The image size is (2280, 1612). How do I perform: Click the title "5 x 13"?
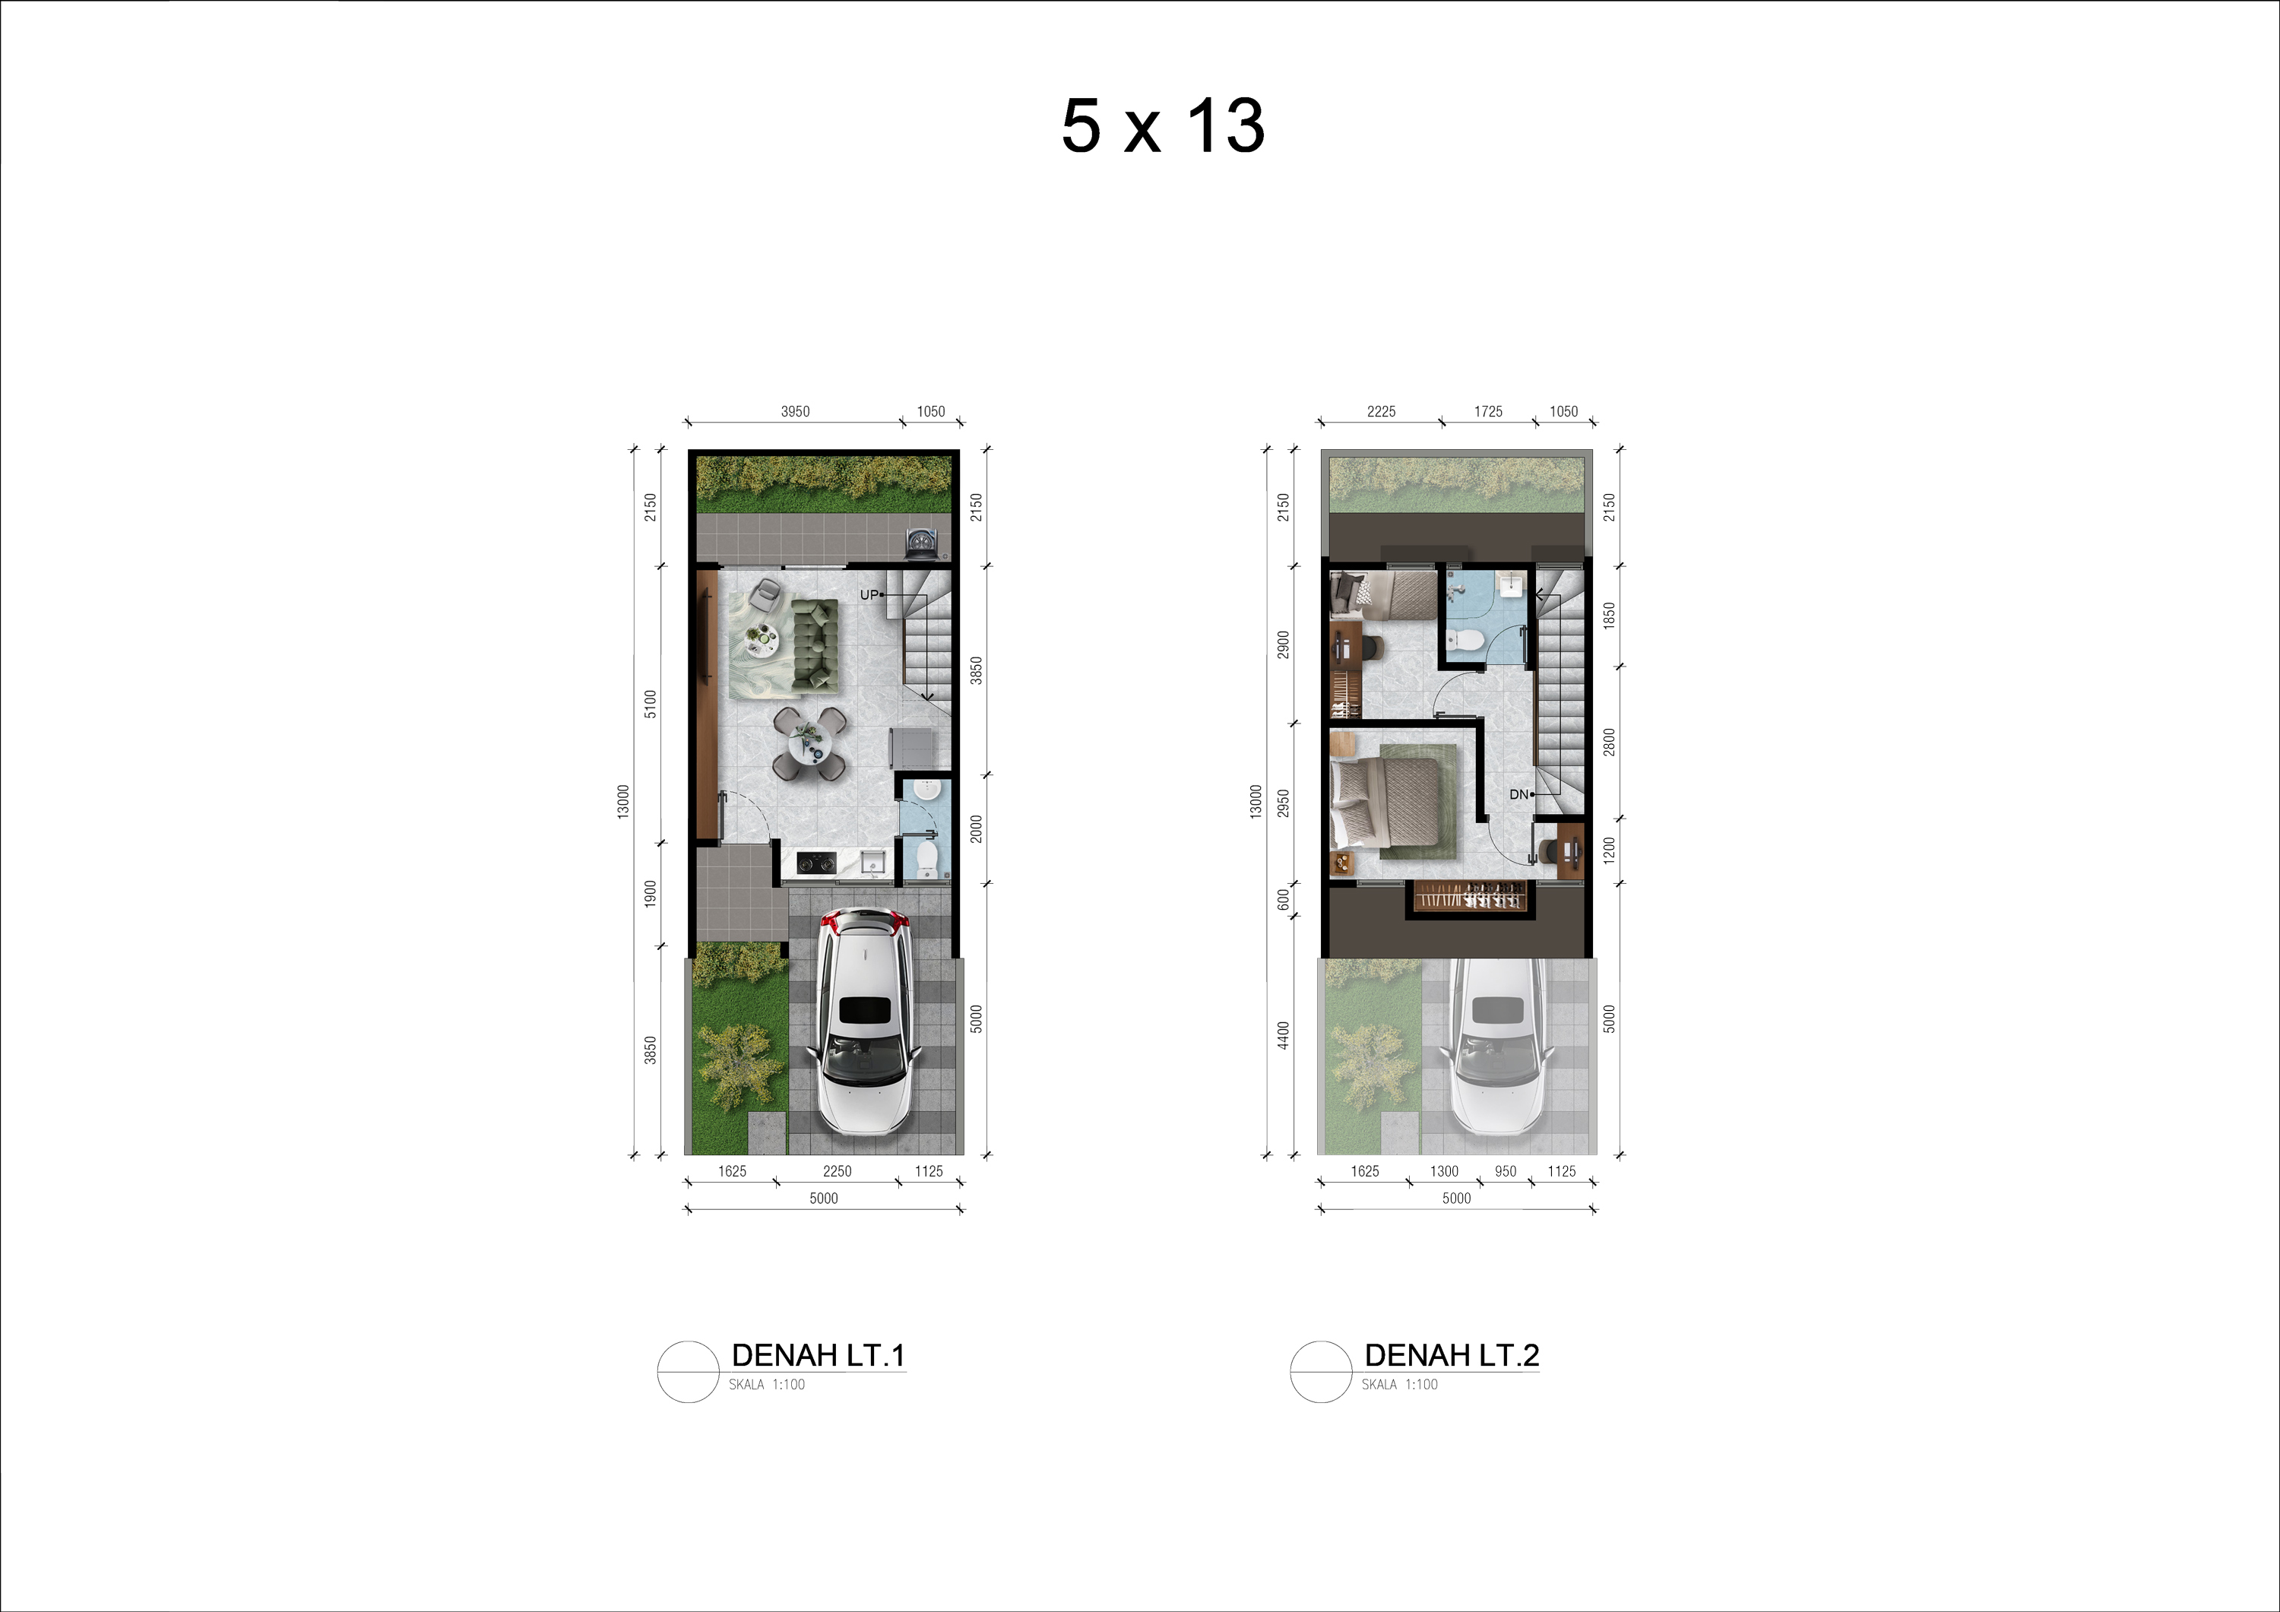1163,126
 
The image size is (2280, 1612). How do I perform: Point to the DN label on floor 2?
1518,794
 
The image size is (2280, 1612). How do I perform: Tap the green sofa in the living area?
814,644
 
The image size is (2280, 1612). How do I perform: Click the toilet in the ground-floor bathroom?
926,858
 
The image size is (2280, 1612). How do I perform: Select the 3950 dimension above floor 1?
796,411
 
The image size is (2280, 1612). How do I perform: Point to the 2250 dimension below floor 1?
837,1171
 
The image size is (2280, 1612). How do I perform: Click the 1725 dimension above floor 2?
1487,411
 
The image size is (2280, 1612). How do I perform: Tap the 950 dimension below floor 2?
1506,1171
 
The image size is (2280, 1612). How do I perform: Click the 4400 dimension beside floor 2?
1283,1035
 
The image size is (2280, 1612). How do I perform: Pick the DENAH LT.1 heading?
819,1355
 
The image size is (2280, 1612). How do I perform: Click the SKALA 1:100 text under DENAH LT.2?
1399,1385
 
